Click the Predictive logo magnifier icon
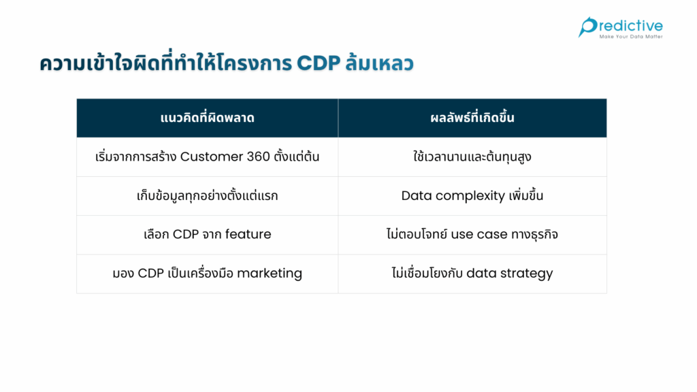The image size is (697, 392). (587, 27)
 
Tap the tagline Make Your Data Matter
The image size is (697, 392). (630, 37)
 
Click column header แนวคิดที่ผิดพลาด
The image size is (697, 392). (207, 118)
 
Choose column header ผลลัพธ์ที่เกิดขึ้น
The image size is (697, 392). (472, 118)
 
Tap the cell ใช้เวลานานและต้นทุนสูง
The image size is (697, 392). (472, 157)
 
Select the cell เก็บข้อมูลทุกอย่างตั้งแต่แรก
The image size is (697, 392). (207, 196)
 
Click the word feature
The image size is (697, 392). (248, 235)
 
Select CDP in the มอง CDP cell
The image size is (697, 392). (151, 274)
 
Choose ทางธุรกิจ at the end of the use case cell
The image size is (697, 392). (535, 235)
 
